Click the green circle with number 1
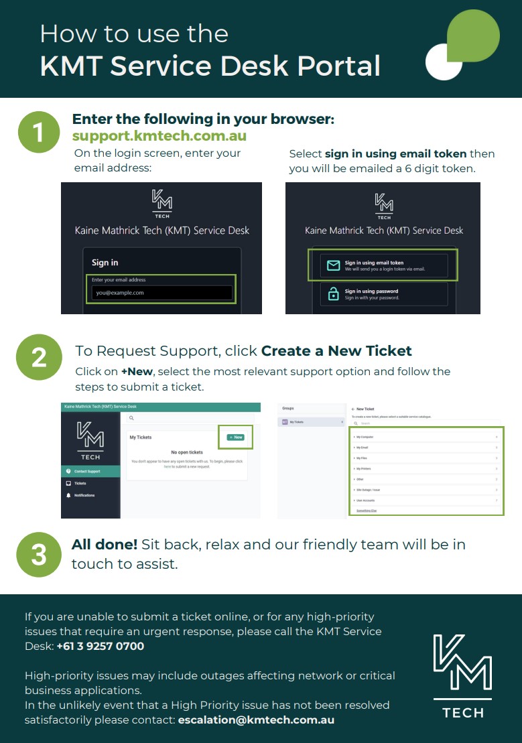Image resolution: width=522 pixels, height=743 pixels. tap(38, 132)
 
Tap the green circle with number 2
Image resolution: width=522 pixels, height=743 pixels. tap(38, 356)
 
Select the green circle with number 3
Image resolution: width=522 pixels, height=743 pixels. tap(38, 554)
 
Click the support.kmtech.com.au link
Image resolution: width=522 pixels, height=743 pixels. tap(159, 136)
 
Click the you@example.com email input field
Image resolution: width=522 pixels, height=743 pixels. tap(161, 293)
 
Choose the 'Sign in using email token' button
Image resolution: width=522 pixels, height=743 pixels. tap(383, 265)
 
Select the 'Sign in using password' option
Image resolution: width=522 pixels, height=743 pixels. tap(383, 294)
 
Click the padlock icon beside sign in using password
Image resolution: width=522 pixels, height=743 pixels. tap(333, 294)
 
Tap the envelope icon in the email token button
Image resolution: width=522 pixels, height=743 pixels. tap(333, 266)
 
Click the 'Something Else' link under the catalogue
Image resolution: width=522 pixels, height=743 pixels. tap(367, 510)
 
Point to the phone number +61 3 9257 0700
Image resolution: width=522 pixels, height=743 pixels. tap(100, 647)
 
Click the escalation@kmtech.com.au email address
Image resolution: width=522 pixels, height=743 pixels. tap(256, 720)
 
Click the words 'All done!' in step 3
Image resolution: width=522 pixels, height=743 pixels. tap(104, 544)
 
